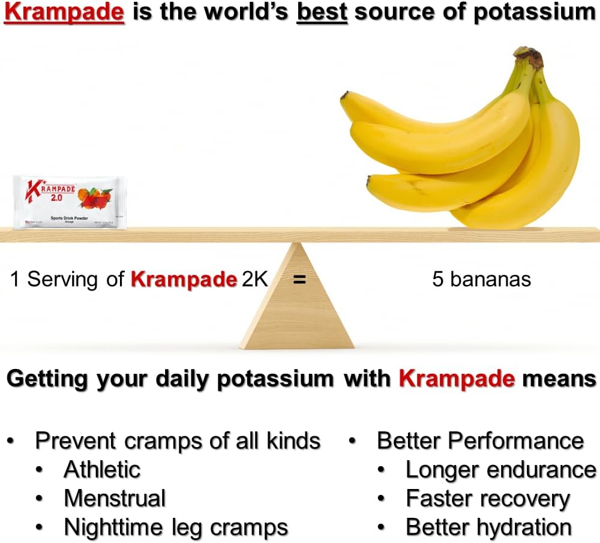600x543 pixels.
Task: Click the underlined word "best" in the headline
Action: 322,13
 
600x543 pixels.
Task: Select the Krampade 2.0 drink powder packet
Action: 70,202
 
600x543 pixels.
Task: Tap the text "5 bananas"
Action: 481,280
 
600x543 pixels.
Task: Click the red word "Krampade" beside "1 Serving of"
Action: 184,280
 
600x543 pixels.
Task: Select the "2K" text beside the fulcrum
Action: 254,280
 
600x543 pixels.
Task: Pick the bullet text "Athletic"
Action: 102,469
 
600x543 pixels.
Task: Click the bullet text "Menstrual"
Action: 115,498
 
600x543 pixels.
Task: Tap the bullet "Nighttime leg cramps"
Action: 176,527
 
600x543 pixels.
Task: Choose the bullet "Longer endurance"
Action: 500,469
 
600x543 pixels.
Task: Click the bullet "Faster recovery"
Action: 487,498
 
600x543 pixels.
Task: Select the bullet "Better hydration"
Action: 488,527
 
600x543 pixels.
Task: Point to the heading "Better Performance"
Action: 480,440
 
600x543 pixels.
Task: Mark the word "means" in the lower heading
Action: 559,379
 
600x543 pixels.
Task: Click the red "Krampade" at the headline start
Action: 64,13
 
